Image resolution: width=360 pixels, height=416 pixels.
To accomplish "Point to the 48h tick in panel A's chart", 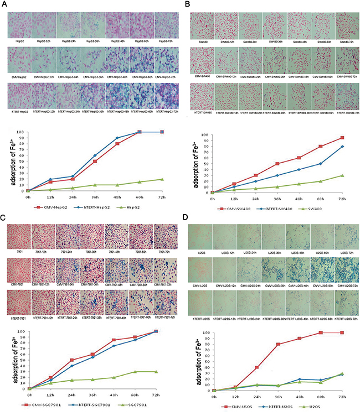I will (117, 196).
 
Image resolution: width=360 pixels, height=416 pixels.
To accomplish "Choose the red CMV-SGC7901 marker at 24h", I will (71, 360).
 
